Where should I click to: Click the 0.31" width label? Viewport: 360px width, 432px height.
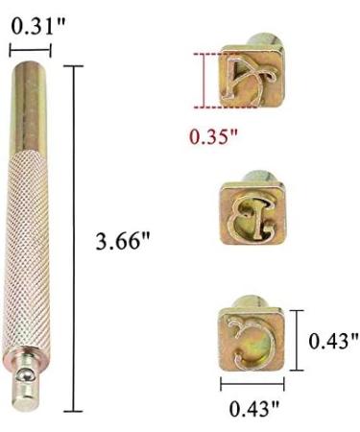(38, 26)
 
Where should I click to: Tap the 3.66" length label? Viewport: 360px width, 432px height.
(123, 241)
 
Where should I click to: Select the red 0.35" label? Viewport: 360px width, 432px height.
(213, 136)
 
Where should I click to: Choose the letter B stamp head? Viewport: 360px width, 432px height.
(252, 213)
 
